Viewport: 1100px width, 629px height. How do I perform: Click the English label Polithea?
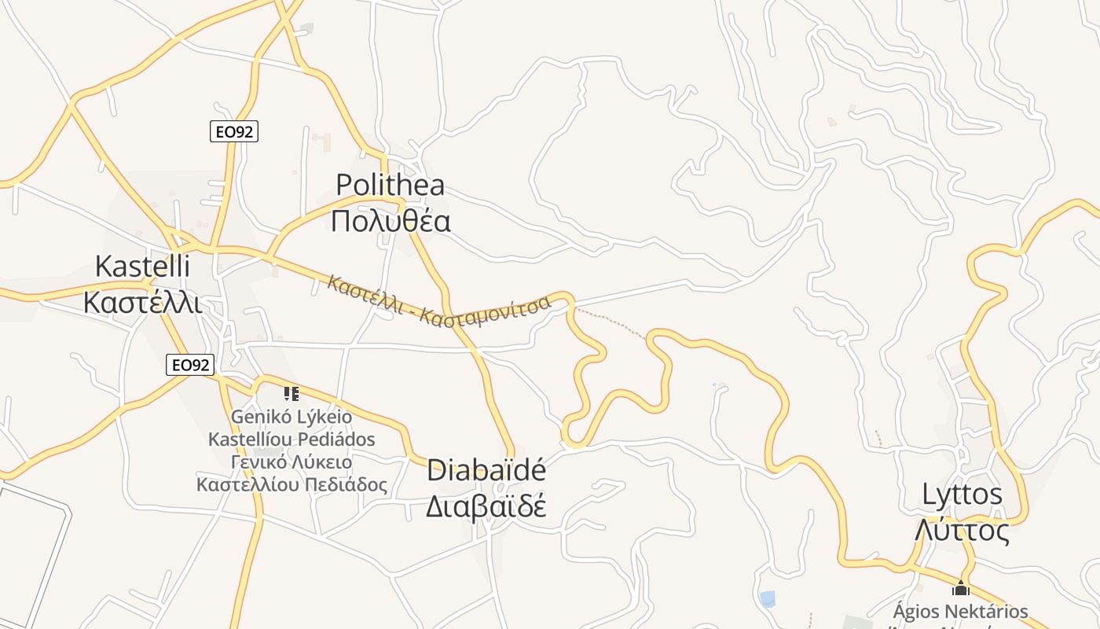(390, 185)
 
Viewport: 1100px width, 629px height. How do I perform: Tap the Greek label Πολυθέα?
(390, 221)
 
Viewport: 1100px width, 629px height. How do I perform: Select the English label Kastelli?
(142, 267)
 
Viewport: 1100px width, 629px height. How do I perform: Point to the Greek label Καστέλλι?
(142, 302)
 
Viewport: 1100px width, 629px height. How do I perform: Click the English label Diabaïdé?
(486, 470)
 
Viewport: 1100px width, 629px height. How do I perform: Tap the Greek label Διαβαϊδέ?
(486, 506)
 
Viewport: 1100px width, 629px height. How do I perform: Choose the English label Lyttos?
(962, 495)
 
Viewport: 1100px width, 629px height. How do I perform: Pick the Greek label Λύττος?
(962, 531)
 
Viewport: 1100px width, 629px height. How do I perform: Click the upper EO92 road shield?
(234, 132)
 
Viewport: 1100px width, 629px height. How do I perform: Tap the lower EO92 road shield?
(190, 365)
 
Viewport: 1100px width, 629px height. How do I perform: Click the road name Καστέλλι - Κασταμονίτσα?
(438, 302)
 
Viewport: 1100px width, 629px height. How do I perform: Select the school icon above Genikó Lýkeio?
(291, 393)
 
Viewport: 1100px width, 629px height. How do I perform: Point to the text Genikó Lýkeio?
(291, 416)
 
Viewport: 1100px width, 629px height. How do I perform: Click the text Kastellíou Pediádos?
(291, 439)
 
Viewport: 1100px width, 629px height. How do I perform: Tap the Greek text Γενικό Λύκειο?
(291, 462)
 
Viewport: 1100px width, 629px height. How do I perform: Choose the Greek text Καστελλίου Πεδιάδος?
(291, 484)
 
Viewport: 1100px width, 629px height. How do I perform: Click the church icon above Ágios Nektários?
(960, 588)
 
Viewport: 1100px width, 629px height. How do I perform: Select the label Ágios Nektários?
(960, 611)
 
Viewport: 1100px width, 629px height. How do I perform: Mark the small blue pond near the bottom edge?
(767, 599)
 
